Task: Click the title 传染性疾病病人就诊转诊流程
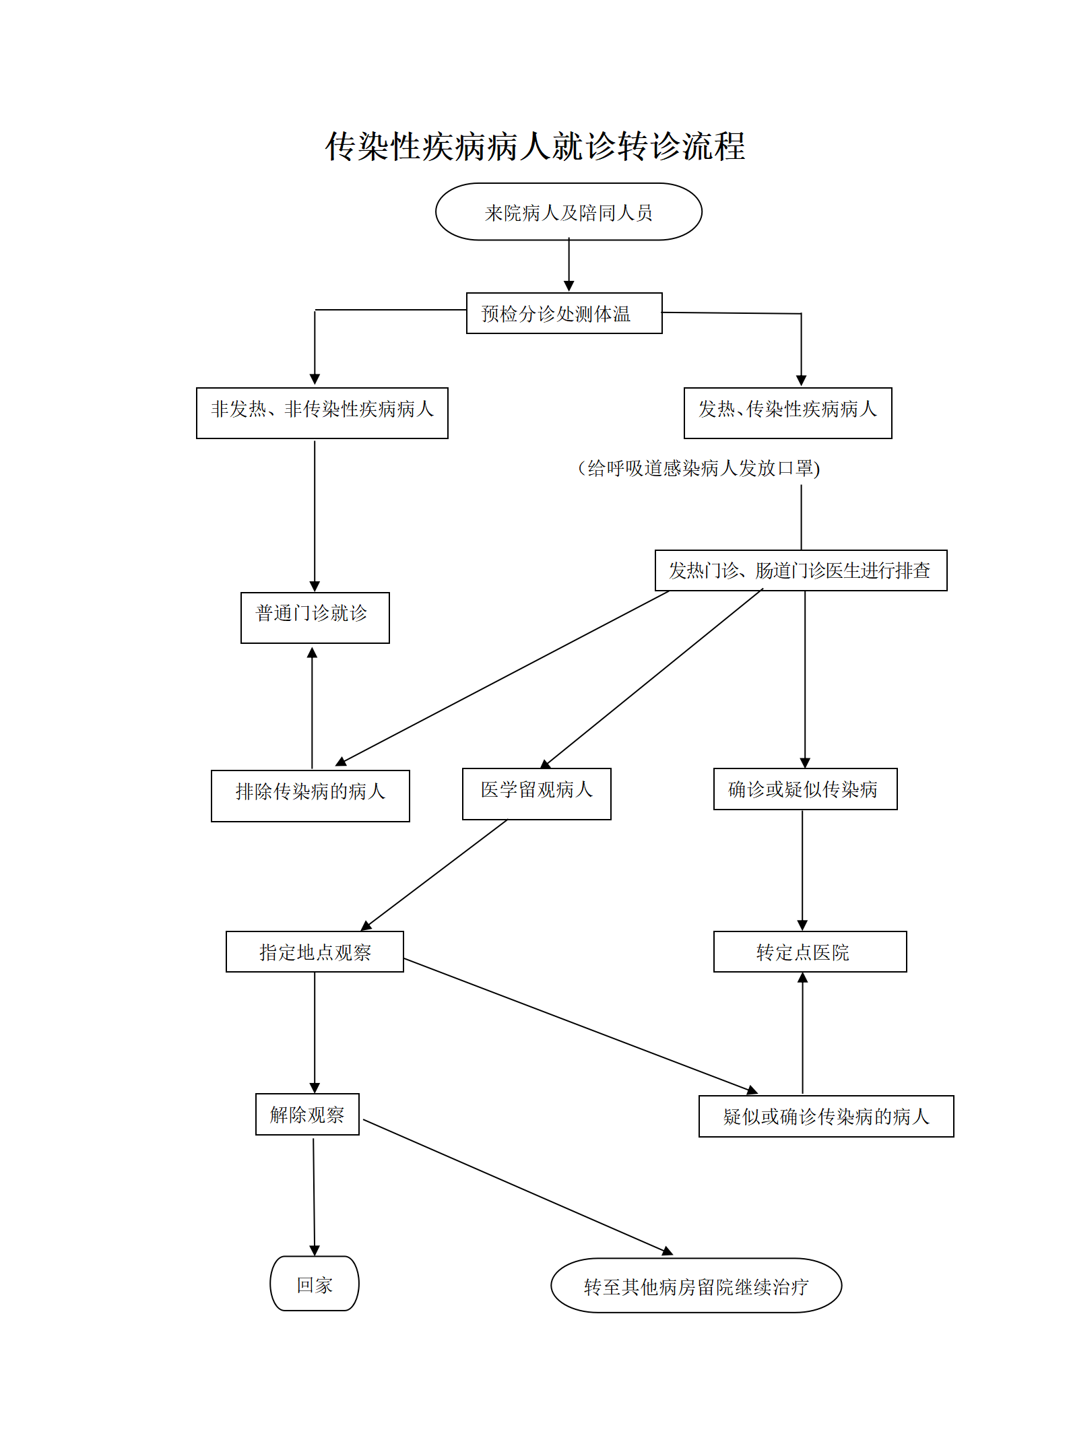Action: pos(535,146)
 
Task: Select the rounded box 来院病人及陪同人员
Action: pos(569,212)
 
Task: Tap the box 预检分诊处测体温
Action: pos(564,313)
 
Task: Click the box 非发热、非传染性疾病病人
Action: pos(322,413)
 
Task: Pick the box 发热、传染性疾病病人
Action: pos(787,413)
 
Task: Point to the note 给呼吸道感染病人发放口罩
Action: pos(699,468)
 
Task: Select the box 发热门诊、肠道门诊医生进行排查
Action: pos(800,570)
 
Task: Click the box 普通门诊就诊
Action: pos(315,618)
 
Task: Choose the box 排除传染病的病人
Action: pos(310,795)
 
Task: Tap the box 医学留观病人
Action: pos(536,793)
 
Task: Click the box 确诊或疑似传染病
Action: pos(805,789)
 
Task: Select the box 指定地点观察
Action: pos(315,952)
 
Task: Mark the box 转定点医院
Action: pos(810,952)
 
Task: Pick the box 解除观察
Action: pos(307,1115)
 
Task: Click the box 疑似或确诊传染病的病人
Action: pos(826,1117)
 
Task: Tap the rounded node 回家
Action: pos(315,1284)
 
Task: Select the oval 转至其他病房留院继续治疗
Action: pos(696,1286)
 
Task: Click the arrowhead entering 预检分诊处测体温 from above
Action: pos(569,286)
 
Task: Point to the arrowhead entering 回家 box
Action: pos(315,1250)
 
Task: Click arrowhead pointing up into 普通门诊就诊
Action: pos(312,652)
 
